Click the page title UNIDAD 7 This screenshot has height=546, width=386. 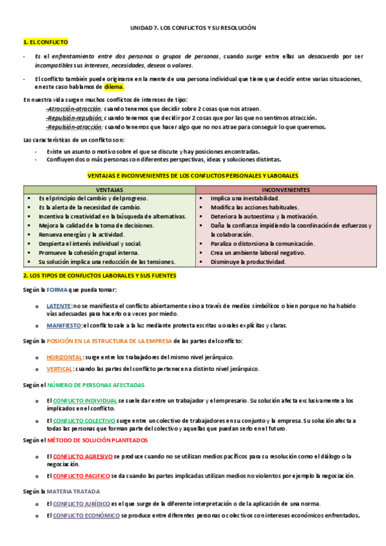tap(193, 28)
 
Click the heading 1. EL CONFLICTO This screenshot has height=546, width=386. tap(45, 42)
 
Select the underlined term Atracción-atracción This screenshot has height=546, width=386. tap(74, 109)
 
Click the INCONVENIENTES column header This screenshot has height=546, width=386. tap(286, 190)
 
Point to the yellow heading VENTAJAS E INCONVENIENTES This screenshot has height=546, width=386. tap(193, 174)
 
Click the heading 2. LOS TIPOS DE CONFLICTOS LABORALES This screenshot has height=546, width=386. tap(99, 276)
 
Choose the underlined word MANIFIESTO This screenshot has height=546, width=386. tap(64, 326)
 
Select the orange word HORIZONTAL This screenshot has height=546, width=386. tap(64, 357)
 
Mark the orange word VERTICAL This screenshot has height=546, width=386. tap(60, 369)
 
